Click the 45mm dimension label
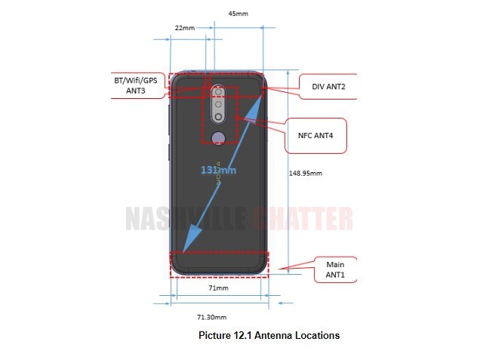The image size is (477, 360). pos(238,14)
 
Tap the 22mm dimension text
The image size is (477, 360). pos(185,28)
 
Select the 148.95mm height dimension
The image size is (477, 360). pos(306,173)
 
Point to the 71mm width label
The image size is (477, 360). pos(218,288)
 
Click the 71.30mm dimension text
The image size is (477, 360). pos(212,317)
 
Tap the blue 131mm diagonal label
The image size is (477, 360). pos(218,170)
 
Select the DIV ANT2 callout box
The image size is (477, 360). pos(328,87)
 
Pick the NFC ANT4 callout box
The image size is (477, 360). pos(315,135)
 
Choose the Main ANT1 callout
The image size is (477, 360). pos(335,269)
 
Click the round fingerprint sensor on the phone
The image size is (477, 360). pos(219,137)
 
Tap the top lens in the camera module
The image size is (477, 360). pos(218,91)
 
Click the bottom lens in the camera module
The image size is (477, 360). pos(218,117)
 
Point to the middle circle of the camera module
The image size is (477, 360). pos(218,104)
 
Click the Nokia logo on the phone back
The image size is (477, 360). pos(218,173)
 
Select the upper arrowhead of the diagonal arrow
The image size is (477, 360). pos(254,109)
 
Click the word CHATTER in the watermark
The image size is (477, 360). pos(303,219)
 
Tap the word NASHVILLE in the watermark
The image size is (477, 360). pos(186,219)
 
